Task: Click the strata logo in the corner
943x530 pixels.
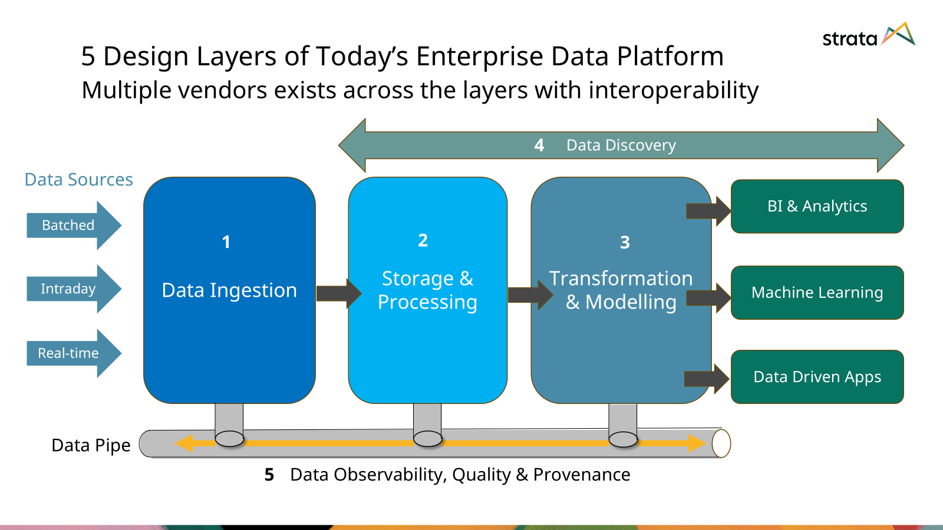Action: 868,37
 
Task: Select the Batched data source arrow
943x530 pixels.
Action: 71,225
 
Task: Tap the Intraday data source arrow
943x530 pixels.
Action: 71,289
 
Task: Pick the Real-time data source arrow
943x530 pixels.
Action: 71,353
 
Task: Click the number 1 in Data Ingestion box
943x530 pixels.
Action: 226,242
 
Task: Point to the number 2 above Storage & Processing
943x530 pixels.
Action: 423,240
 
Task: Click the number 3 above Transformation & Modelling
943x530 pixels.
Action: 625,242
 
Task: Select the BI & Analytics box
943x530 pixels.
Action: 817,206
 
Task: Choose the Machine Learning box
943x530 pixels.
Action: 817,293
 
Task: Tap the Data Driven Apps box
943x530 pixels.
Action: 817,377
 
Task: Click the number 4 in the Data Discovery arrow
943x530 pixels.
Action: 539,145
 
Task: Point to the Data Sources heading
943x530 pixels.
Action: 78,180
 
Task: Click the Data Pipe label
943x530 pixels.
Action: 91,445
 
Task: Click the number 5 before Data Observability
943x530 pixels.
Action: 269,475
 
